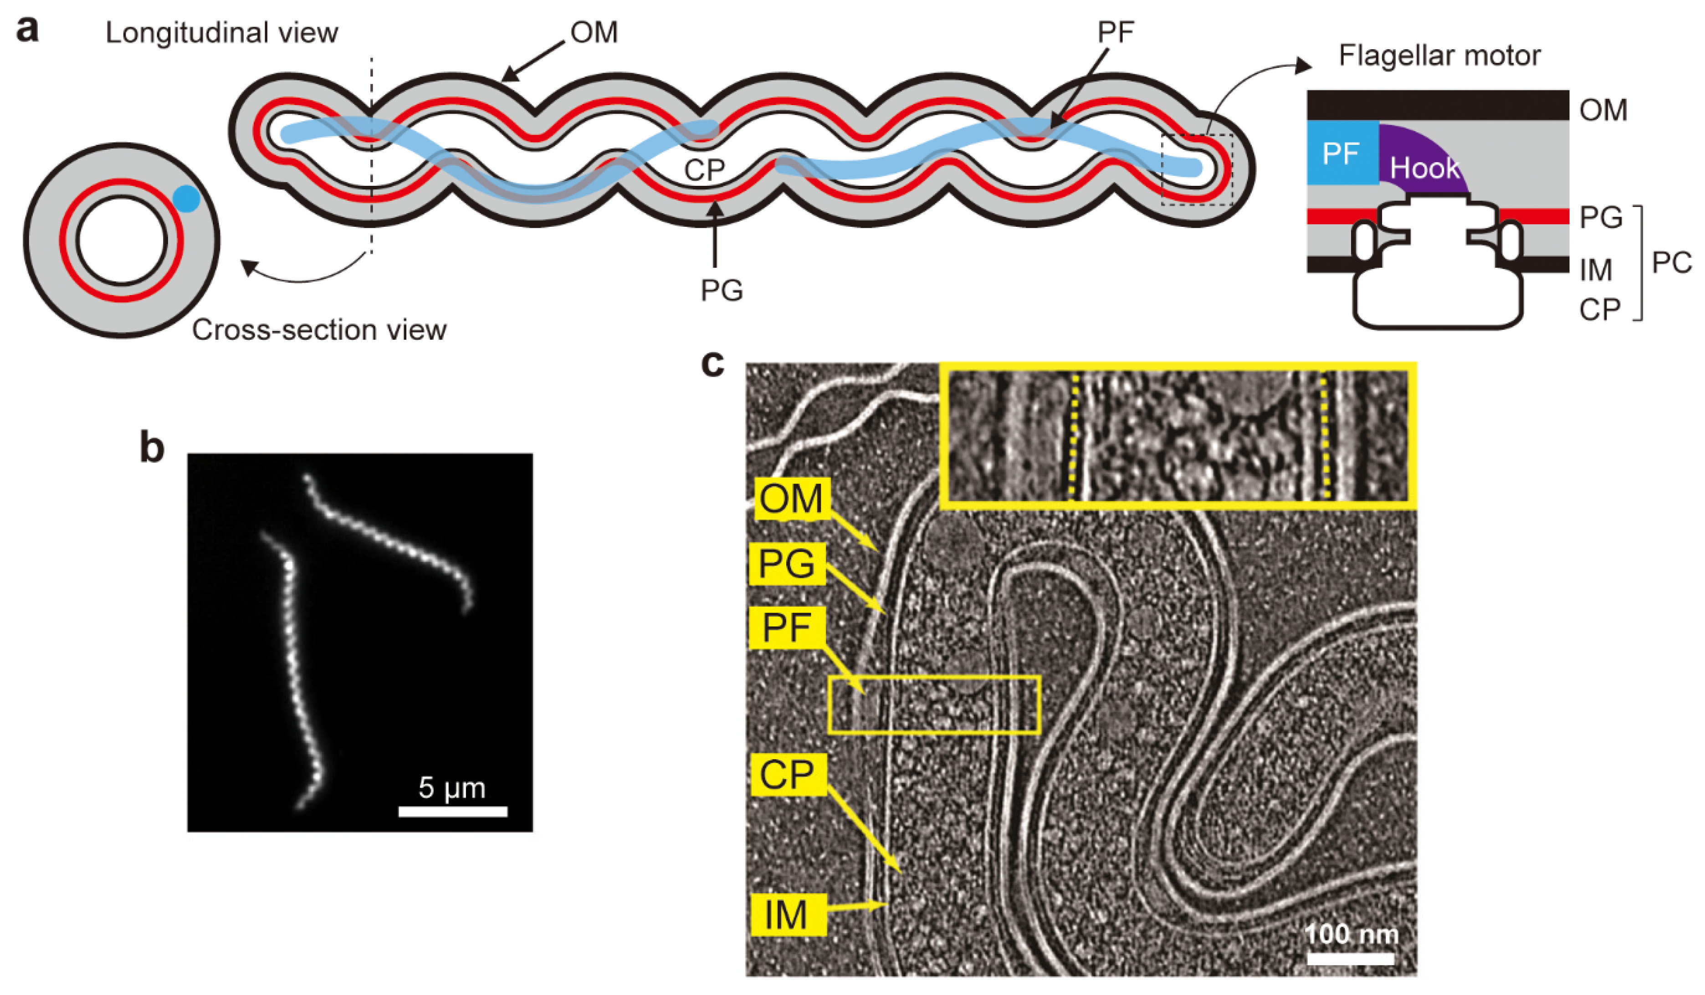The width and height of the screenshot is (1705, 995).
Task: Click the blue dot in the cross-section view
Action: [x=186, y=199]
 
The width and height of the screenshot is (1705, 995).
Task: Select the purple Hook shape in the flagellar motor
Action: [x=1421, y=162]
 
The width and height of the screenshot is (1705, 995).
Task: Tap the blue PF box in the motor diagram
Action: [x=1341, y=153]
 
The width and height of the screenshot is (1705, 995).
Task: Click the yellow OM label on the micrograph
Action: [x=791, y=499]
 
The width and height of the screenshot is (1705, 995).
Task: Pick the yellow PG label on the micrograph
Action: [x=786, y=563]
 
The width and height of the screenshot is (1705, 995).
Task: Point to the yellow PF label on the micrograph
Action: [x=786, y=628]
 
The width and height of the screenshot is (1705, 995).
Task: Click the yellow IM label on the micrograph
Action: [x=786, y=914]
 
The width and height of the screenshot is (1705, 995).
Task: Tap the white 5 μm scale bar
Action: [x=453, y=811]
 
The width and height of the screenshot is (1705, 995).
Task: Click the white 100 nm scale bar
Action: [x=1351, y=958]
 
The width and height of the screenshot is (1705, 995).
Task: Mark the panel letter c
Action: [x=712, y=363]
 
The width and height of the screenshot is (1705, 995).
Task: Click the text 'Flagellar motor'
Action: [x=1439, y=56]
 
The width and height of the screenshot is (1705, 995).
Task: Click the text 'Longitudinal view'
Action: [x=222, y=32]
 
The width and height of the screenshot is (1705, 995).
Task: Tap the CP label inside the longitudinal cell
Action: [x=704, y=170]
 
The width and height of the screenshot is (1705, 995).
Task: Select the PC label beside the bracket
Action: [x=1671, y=262]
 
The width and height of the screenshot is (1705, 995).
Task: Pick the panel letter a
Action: [x=27, y=30]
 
